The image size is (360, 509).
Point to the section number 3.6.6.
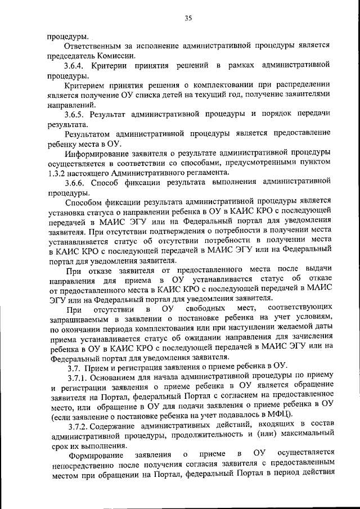tap(76, 183)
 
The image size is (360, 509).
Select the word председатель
tap(71, 55)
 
